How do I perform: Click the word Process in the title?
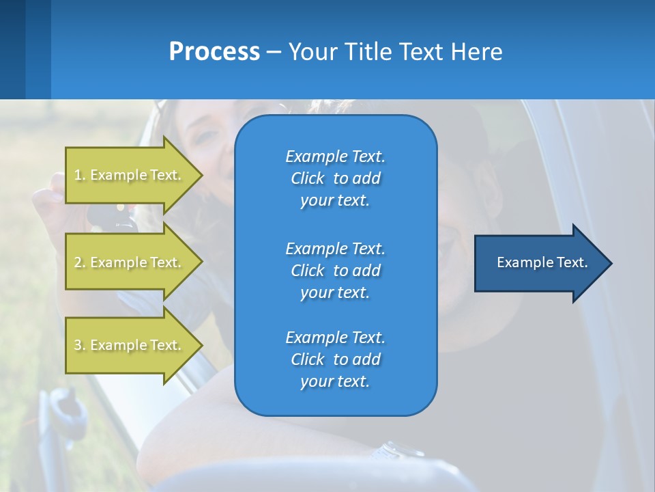click(214, 52)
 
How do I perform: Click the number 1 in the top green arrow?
click(77, 175)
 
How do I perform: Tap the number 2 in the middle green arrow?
click(77, 262)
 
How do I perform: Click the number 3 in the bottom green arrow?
click(77, 345)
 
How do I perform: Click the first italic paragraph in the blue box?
click(335, 178)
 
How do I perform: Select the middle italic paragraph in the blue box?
click(335, 271)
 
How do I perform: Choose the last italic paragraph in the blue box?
click(335, 359)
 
